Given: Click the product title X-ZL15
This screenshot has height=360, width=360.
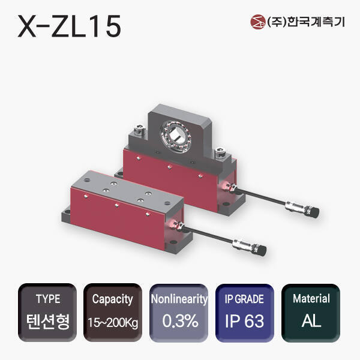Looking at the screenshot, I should [70, 26].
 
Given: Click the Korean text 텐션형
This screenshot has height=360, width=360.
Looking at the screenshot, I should [48, 321].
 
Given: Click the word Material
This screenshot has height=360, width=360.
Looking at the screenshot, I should [311, 299].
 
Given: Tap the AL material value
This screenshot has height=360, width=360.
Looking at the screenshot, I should [311, 321].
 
